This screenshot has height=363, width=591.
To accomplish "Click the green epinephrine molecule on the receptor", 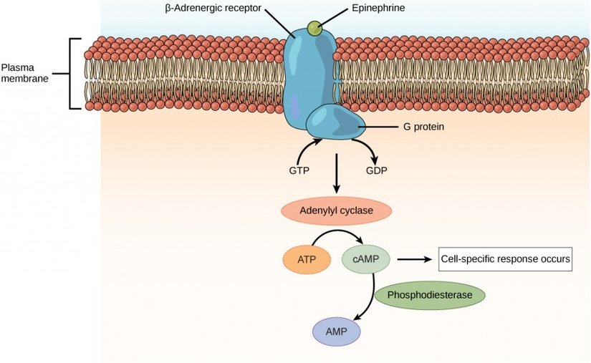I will tap(314, 28).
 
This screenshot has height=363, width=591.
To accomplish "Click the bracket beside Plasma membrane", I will tap(72, 73).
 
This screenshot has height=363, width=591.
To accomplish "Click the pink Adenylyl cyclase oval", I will tap(336, 211).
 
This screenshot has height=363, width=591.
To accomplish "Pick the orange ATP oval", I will tap(307, 259).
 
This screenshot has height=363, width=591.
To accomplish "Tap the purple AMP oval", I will tap(336, 331).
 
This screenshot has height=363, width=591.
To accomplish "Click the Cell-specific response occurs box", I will tap(506, 259).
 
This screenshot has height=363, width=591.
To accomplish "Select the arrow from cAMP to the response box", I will tap(413, 259).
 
